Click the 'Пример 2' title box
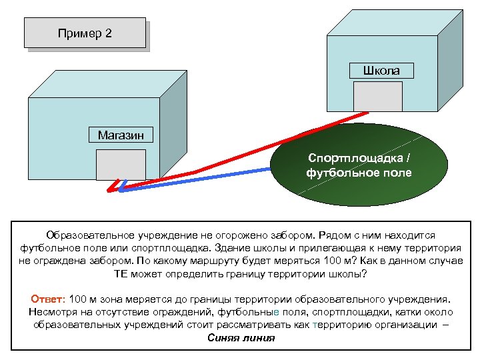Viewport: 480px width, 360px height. point(85,33)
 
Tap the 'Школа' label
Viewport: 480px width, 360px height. point(382,70)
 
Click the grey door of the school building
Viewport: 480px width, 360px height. point(378,96)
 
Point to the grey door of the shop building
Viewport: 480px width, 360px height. point(121,165)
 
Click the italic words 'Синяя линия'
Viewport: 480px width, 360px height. point(241,337)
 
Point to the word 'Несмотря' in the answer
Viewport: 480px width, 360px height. point(52,312)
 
